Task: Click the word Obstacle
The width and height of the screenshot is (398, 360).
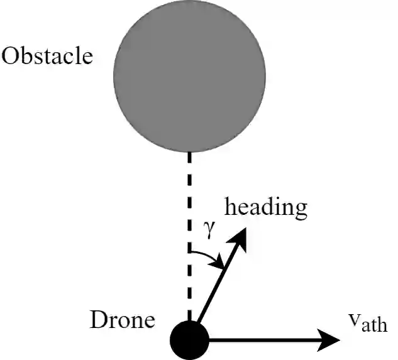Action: click(x=47, y=57)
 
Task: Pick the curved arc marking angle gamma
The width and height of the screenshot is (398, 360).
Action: click(x=207, y=258)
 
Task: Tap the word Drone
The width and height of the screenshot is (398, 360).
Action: click(x=123, y=321)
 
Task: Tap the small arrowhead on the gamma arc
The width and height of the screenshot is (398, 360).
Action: click(x=220, y=265)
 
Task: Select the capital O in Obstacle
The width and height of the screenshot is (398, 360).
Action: click(x=11, y=57)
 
